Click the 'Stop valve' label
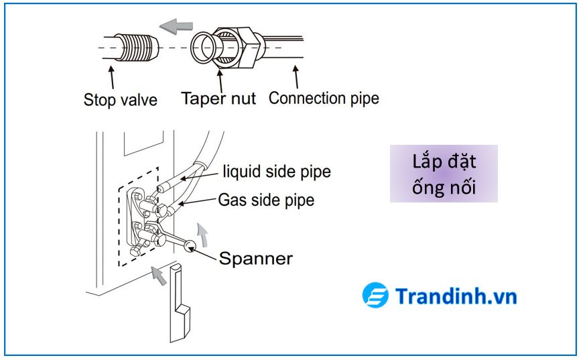[120, 100]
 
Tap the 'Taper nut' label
[218, 99]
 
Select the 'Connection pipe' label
[324, 98]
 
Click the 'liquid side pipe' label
[277, 172]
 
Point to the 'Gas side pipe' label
[266, 199]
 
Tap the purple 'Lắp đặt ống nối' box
[444, 174]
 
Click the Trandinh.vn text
[456, 296]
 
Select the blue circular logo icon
[375, 296]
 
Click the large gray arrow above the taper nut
[175, 26]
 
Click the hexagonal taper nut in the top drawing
[235, 48]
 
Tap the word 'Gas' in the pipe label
[232, 199]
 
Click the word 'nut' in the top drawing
[242, 99]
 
